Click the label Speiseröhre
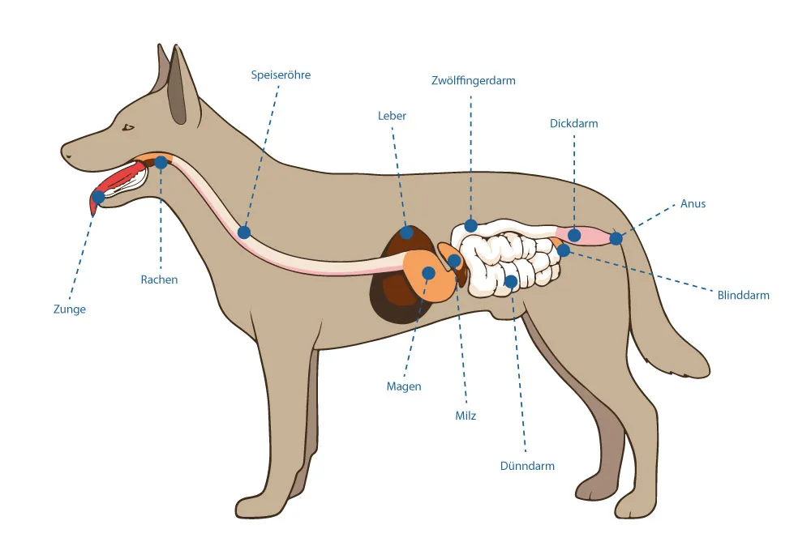pos(281,75)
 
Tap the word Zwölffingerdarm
pos(473,80)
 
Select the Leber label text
pos(392,116)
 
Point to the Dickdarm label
pos(573,124)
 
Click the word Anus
pos(693,203)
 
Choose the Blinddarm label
pos(743,295)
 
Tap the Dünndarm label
pos(527,466)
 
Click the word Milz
pos(466,416)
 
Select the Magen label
pos(404,386)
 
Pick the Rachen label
pos(159,279)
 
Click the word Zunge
pos(70,309)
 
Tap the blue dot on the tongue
pos(99,196)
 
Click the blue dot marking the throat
pos(161,162)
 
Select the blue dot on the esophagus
pos(244,233)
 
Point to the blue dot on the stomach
pos(428,273)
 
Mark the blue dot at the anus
pos(616,238)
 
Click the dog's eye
pos(128,127)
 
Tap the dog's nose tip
pos(65,151)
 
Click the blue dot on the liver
pos(405,233)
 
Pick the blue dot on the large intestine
pos(574,235)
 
